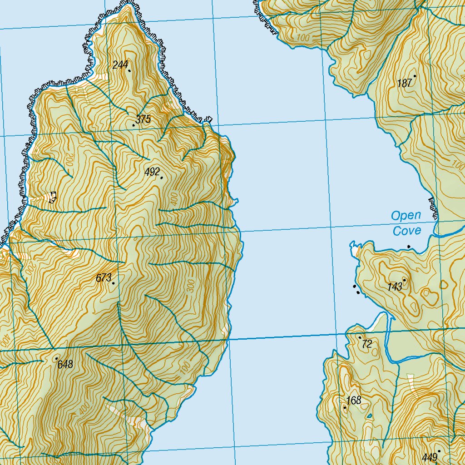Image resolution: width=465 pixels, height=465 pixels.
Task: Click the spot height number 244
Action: point(120,65)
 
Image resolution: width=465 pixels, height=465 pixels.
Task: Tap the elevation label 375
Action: point(143,120)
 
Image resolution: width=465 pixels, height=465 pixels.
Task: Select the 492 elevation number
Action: point(152,172)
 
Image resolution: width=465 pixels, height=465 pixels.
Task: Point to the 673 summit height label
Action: point(104,278)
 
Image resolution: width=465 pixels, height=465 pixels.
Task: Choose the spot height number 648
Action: point(65,364)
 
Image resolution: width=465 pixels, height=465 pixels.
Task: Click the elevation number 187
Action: point(404,83)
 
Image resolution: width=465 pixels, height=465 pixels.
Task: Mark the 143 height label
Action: point(395,287)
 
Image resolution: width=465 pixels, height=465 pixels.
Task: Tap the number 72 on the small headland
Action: point(367,344)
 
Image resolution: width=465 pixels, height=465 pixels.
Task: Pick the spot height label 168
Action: point(354,400)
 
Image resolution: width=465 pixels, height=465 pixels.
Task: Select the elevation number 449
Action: point(429,457)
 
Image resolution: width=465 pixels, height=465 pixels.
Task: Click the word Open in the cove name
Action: point(406,215)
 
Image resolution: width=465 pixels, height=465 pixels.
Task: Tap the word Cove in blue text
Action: point(407,231)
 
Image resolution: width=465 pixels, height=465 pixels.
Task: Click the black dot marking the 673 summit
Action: point(113,283)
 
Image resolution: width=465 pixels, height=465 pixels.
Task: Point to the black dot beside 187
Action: point(415,76)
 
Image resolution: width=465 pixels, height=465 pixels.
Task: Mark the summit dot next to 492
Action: point(162,178)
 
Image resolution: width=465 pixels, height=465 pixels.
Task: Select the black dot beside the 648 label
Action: point(56,359)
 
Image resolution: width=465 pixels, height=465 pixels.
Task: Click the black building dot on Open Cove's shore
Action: point(409,247)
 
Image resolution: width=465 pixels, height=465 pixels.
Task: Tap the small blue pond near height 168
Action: point(369,416)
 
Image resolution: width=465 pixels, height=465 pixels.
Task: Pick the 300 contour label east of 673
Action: point(190,286)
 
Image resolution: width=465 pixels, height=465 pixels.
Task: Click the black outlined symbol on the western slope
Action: point(53,197)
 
